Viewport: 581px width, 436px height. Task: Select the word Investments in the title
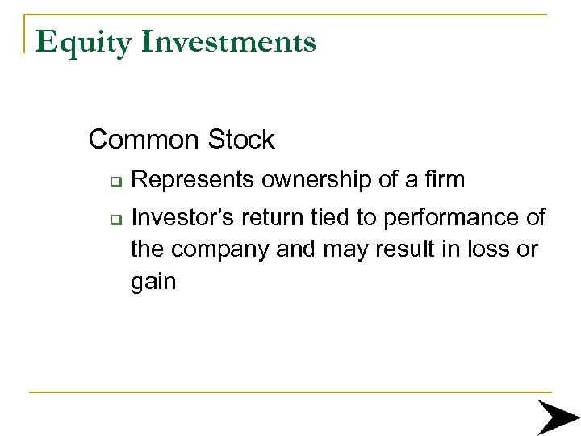pos(228,42)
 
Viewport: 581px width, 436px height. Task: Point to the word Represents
pos(194,180)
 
